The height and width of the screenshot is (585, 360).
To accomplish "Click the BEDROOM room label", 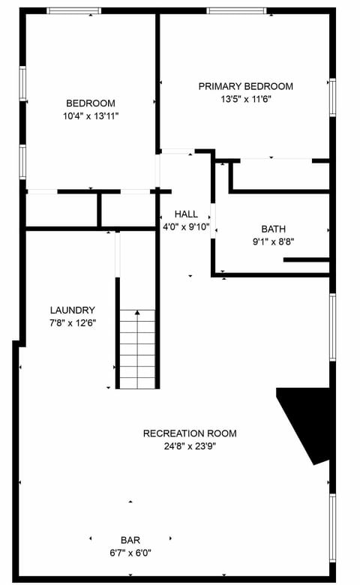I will point(91,103).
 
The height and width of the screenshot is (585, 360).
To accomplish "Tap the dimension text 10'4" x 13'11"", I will point(91,116).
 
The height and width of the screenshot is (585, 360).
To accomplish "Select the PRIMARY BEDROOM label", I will point(245,86).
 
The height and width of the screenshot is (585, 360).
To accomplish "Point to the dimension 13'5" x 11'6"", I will point(245,99).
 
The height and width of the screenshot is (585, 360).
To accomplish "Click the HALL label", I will point(186,214).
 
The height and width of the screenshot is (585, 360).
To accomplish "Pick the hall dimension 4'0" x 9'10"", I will point(186,226).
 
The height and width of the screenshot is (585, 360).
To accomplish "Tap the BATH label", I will point(273,229).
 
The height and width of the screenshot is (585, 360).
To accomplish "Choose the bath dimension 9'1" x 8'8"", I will point(273,242).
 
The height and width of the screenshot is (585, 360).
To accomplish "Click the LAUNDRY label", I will point(73,310).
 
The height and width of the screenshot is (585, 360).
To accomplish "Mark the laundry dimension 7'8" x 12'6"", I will point(73,323).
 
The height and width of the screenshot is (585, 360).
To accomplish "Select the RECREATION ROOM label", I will point(190,433).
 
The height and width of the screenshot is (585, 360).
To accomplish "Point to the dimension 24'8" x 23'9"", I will point(190,446).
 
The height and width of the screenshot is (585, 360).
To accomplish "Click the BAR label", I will point(130,540).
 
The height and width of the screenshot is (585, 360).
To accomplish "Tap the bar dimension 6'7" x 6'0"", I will point(130,553).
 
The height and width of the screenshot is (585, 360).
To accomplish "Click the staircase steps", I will point(137,349).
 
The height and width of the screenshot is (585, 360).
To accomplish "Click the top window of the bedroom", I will point(74,11).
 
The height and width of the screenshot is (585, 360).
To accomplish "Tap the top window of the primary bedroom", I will point(235,11).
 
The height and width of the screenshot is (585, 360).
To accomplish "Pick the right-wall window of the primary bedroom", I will point(331,97).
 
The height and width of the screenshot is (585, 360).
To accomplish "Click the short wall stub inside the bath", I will point(306,260).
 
